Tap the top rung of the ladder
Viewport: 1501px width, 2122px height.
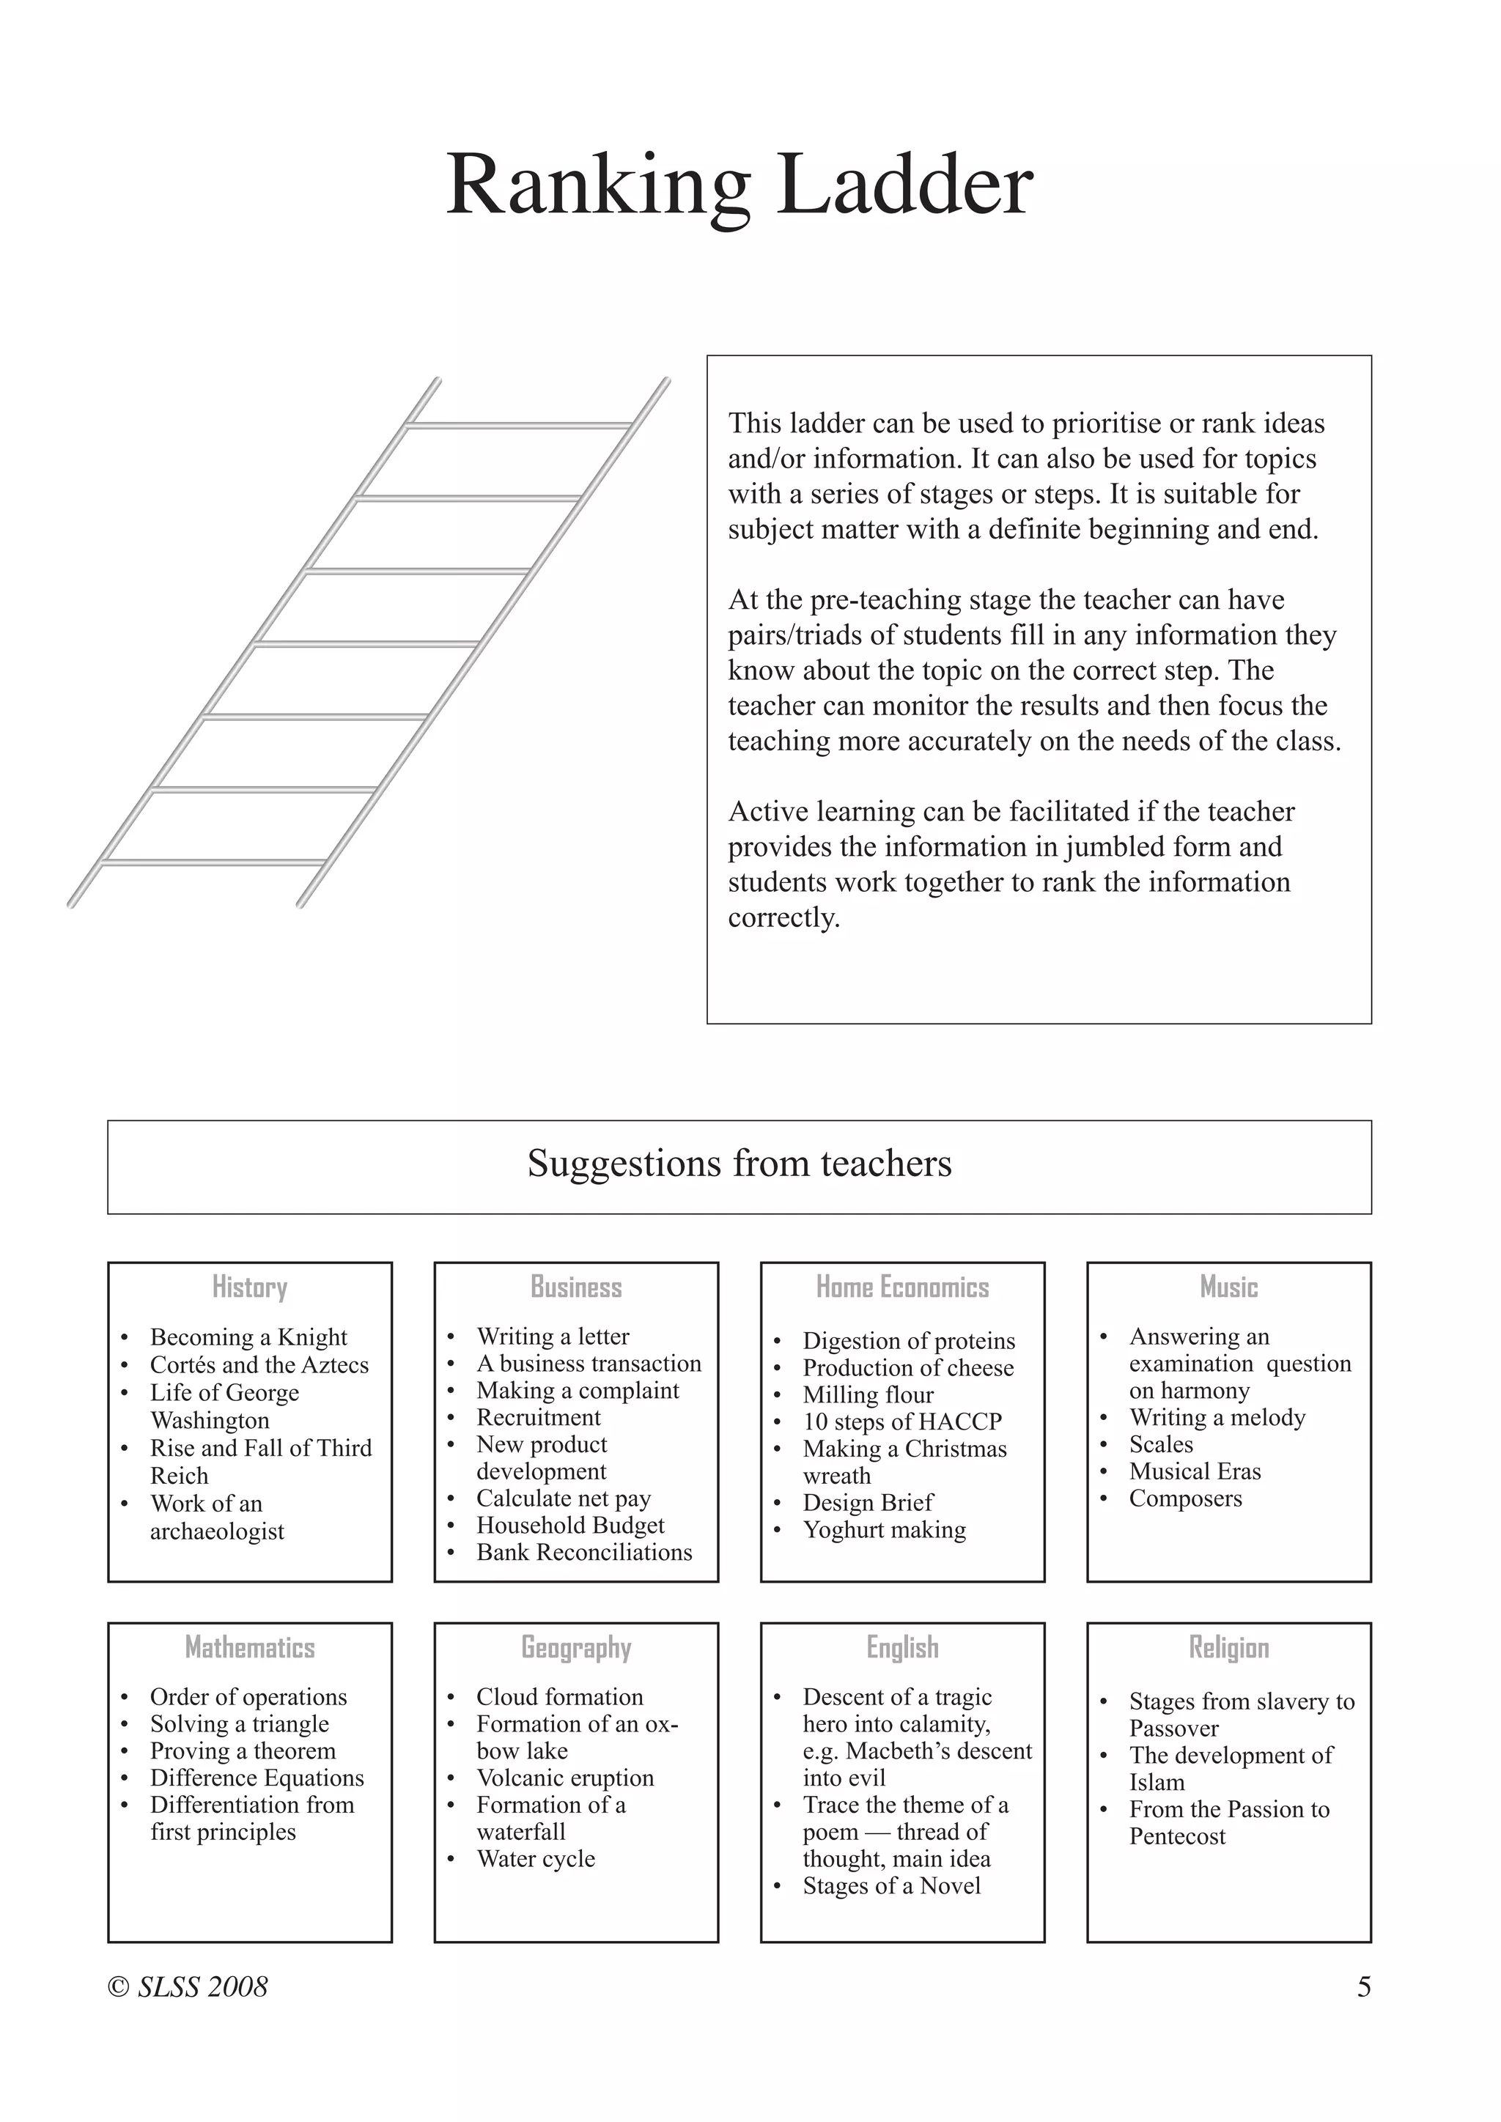[x=520, y=425]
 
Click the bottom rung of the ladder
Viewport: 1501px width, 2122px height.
[x=213, y=862]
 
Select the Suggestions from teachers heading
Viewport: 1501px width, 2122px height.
[x=740, y=1164]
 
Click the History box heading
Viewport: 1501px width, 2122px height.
[x=249, y=1287]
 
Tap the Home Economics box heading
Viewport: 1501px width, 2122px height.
[x=902, y=1287]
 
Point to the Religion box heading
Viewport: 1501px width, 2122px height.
[x=1228, y=1647]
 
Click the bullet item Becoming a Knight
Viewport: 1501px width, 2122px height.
[x=248, y=1337]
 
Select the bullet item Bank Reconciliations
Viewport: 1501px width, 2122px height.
[x=584, y=1553]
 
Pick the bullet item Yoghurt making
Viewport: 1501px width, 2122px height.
[x=885, y=1529]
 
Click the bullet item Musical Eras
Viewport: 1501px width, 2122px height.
[x=1194, y=1471]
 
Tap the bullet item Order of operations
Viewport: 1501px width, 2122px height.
[x=248, y=1697]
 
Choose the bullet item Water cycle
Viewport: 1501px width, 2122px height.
[x=536, y=1859]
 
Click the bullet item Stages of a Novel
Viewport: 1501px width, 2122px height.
[x=891, y=1885]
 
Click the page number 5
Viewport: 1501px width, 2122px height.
[x=1363, y=1987]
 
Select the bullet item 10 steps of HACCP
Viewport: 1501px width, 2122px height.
[x=902, y=1422]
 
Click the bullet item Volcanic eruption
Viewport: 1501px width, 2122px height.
[x=565, y=1778]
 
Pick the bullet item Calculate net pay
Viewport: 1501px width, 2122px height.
[x=563, y=1498]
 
